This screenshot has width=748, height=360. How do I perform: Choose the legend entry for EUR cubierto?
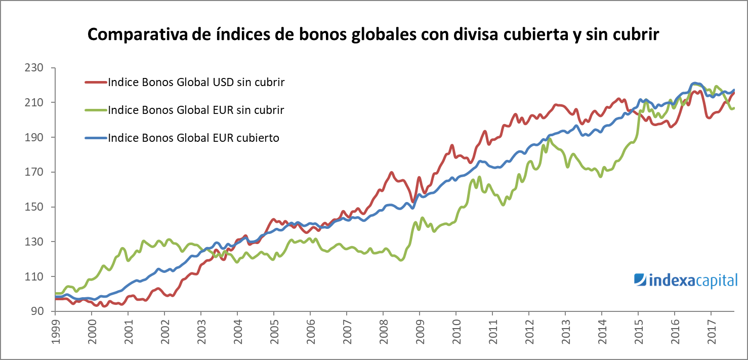pyautogui.click(x=193, y=138)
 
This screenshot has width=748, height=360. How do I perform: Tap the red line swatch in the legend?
pyautogui.click(x=95, y=82)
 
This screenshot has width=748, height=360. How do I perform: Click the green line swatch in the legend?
pyautogui.click(x=95, y=110)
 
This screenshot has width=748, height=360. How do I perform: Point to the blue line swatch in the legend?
pyautogui.click(x=95, y=138)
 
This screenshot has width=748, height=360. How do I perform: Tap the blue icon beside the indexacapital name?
pyautogui.click(x=640, y=279)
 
